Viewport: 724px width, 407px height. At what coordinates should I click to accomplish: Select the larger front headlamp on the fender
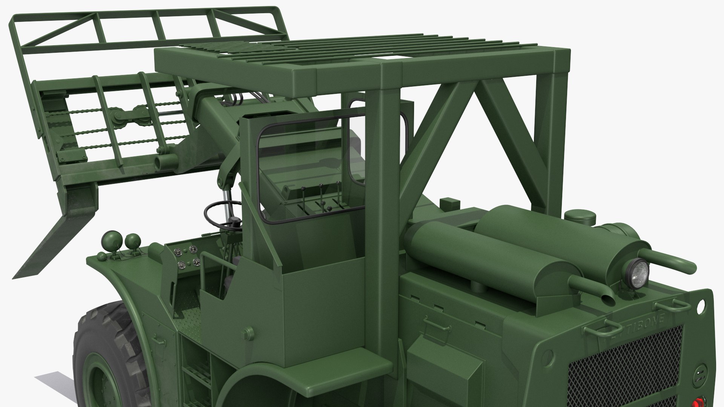coord(132,240)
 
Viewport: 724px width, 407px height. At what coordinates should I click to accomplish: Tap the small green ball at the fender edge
coord(102,256)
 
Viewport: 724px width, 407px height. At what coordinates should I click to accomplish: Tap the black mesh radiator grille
coord(622,362)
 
